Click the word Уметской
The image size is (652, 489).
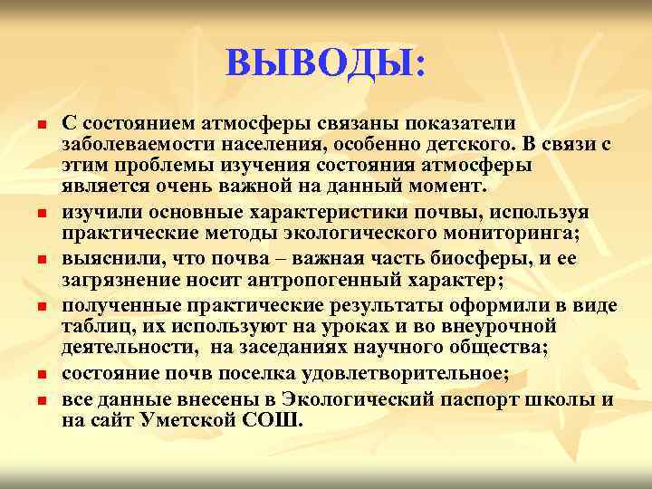(189, 421)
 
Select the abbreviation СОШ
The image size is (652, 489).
(276, 421)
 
